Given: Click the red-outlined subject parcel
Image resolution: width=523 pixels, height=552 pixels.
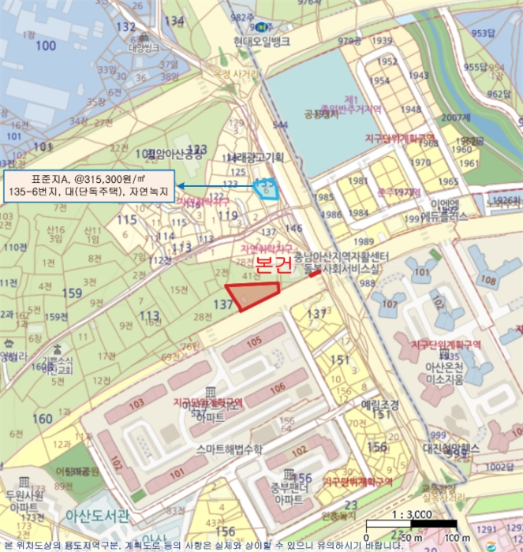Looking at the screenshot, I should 252,295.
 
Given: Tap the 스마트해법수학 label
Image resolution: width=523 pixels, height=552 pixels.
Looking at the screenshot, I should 231,448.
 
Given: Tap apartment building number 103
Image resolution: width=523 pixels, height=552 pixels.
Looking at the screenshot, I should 136,402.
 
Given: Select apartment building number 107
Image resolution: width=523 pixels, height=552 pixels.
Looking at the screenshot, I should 387,303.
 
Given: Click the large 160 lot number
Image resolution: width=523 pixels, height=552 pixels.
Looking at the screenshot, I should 43,418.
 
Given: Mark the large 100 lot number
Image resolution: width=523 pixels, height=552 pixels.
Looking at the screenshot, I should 46,46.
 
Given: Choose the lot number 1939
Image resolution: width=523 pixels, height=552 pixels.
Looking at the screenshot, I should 383,41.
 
